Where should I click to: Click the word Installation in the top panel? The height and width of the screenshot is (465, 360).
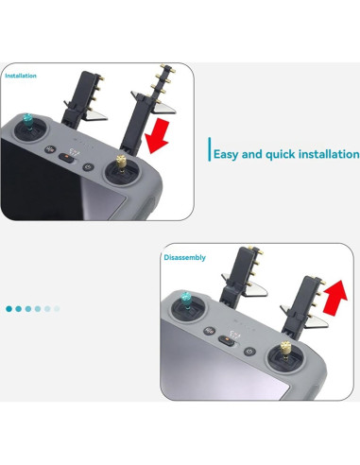click(x=21, y=75)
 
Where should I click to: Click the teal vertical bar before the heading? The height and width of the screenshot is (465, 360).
click(x=207, y=152)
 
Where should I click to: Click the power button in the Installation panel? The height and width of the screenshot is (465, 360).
click(x=87, y=167)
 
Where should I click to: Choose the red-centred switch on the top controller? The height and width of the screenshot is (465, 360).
click(x=68, y=158)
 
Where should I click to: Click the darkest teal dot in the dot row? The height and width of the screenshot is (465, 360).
click(x=9, y=309)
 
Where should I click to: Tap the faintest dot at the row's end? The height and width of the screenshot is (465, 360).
click(x=57, y=309)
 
